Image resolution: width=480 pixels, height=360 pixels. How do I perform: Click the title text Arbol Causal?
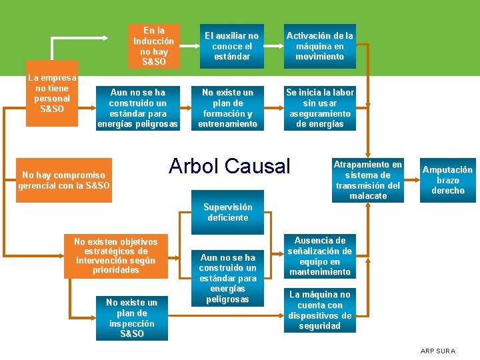[230, 166]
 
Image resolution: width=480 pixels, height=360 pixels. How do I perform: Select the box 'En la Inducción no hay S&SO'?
[154, 47]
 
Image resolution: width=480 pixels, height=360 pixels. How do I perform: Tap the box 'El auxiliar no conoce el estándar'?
[231, 47]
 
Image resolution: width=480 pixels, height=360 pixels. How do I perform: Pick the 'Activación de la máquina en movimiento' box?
[320, 47]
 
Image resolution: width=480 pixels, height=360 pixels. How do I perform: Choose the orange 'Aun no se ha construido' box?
[138, 107]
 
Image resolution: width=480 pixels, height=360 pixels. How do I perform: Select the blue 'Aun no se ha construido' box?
[228, 278]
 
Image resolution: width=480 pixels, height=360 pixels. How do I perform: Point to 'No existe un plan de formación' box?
[227, 107]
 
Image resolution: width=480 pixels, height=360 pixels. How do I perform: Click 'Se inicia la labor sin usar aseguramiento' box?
[320, 107]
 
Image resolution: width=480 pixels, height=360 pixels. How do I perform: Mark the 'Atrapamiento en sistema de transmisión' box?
[368, 180]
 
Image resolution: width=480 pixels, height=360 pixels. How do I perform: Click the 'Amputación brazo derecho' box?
[447, 180]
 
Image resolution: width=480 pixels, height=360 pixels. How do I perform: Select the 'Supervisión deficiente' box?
[227, 212]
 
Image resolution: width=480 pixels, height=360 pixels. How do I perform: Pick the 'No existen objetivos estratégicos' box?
[117, 256]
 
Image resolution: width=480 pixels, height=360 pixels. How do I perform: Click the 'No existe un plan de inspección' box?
[132, 318]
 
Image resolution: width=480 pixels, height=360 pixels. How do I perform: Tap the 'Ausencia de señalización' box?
[320, 256]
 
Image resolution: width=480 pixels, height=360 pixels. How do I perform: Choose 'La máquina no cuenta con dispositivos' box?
[320, 310]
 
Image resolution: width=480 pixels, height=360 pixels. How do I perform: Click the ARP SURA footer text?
[438, 351]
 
